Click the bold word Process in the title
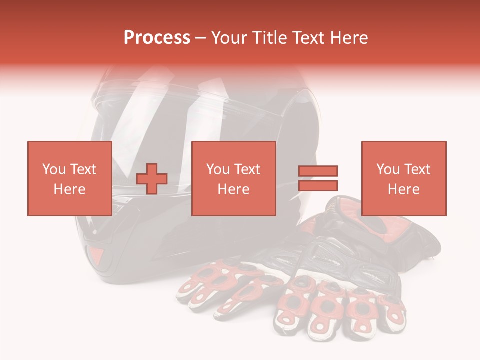point(157,38)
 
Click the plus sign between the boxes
point(152,178)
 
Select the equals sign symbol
point(318,178)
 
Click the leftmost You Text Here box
point(69,178)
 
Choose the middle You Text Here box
point(233,178)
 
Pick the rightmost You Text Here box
point(403,178)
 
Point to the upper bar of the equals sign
point(318,171)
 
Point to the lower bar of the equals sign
point(318,186)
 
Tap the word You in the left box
point(53,169)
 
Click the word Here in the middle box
point(233,189)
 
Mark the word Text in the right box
point(416,169)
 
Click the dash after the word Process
point(201,38)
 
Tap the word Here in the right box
point(403,189)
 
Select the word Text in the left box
point(82,169)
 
